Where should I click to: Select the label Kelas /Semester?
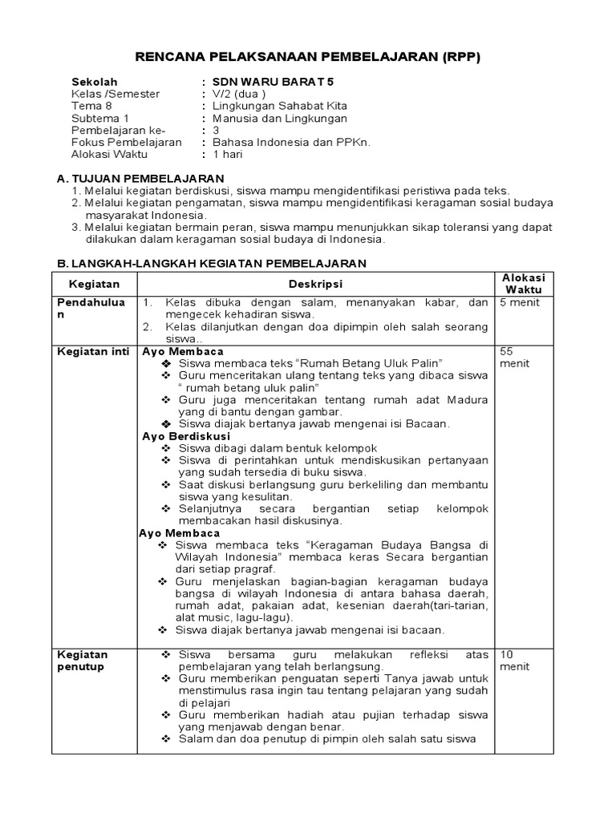coord(115,94)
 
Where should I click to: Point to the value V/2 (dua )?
coord(238,94)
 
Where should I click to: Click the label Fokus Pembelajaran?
coord(127,142)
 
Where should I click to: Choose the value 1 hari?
coord(227,154)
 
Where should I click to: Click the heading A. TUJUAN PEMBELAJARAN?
coord(138,177)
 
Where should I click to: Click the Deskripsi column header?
coord(315,284)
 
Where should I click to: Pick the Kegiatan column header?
coord(94,284)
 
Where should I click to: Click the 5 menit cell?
coord(520,302)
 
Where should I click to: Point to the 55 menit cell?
coord(515,358)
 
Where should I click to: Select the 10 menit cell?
coord(515,660)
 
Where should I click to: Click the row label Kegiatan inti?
coord(92,352)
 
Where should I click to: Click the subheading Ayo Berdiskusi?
coord(186,436)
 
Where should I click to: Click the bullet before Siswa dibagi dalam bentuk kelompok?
coord(166,448)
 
